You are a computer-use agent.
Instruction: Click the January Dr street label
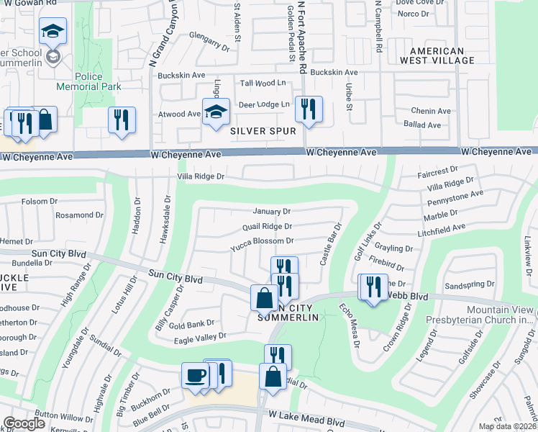pyautogui.click(x=271, y=212)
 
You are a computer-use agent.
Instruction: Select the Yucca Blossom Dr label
pyautogui.click(x=262, y=241)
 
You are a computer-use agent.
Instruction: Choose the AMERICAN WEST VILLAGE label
pyautogui.click(x=442, y=55)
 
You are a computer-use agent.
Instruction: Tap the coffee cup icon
pyautogui.click(x=195, y=376)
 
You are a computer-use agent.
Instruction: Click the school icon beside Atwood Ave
pyautogui.click(x=216, y=112)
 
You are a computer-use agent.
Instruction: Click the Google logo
pyautogui.click(x=24, y=423)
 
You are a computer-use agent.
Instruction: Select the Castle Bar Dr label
pyautogui.click(x=330, y=244)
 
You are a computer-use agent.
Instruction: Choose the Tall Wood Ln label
pyautogui.click(x=263, y=84)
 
